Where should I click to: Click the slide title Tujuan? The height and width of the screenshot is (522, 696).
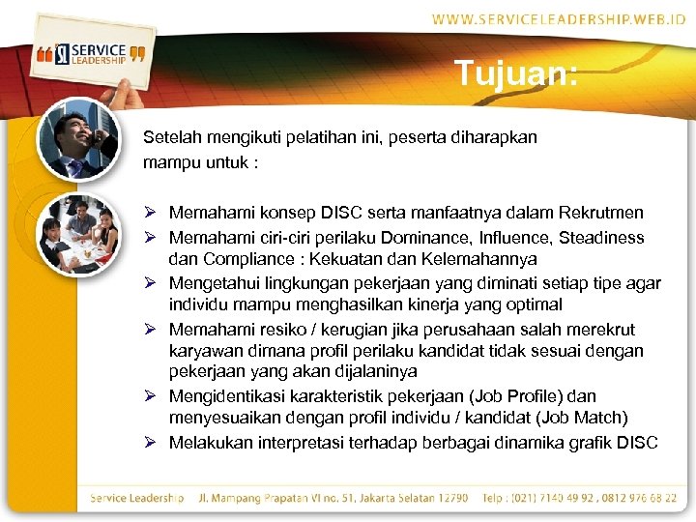[516, 73]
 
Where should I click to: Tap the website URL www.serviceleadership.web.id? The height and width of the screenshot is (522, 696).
[559, 19]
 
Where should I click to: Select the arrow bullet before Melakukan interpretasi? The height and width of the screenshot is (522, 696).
[151, 443]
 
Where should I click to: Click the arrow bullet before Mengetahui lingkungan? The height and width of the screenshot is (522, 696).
[151, 283]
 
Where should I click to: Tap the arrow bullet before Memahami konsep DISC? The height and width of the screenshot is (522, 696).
[151, 213]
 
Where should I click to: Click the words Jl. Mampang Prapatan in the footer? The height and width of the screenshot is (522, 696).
[252, 498]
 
